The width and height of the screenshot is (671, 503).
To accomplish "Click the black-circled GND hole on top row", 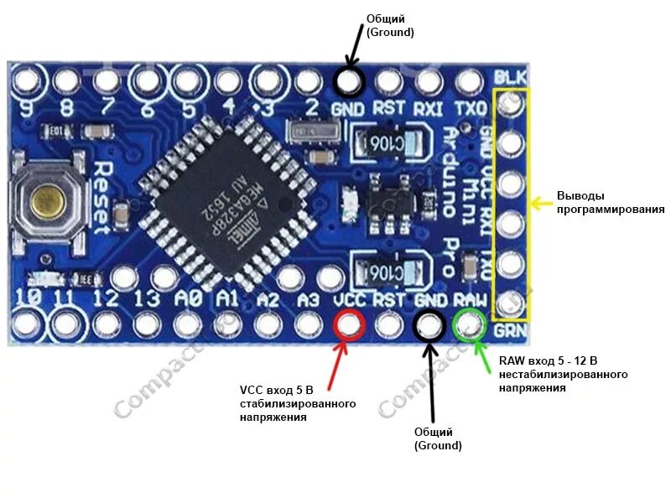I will point(348,81).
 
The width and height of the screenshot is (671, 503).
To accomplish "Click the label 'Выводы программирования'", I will point(610,203).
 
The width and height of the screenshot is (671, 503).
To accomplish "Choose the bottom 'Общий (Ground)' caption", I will point(438,438).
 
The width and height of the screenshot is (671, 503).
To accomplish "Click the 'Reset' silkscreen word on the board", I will point(101,197).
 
